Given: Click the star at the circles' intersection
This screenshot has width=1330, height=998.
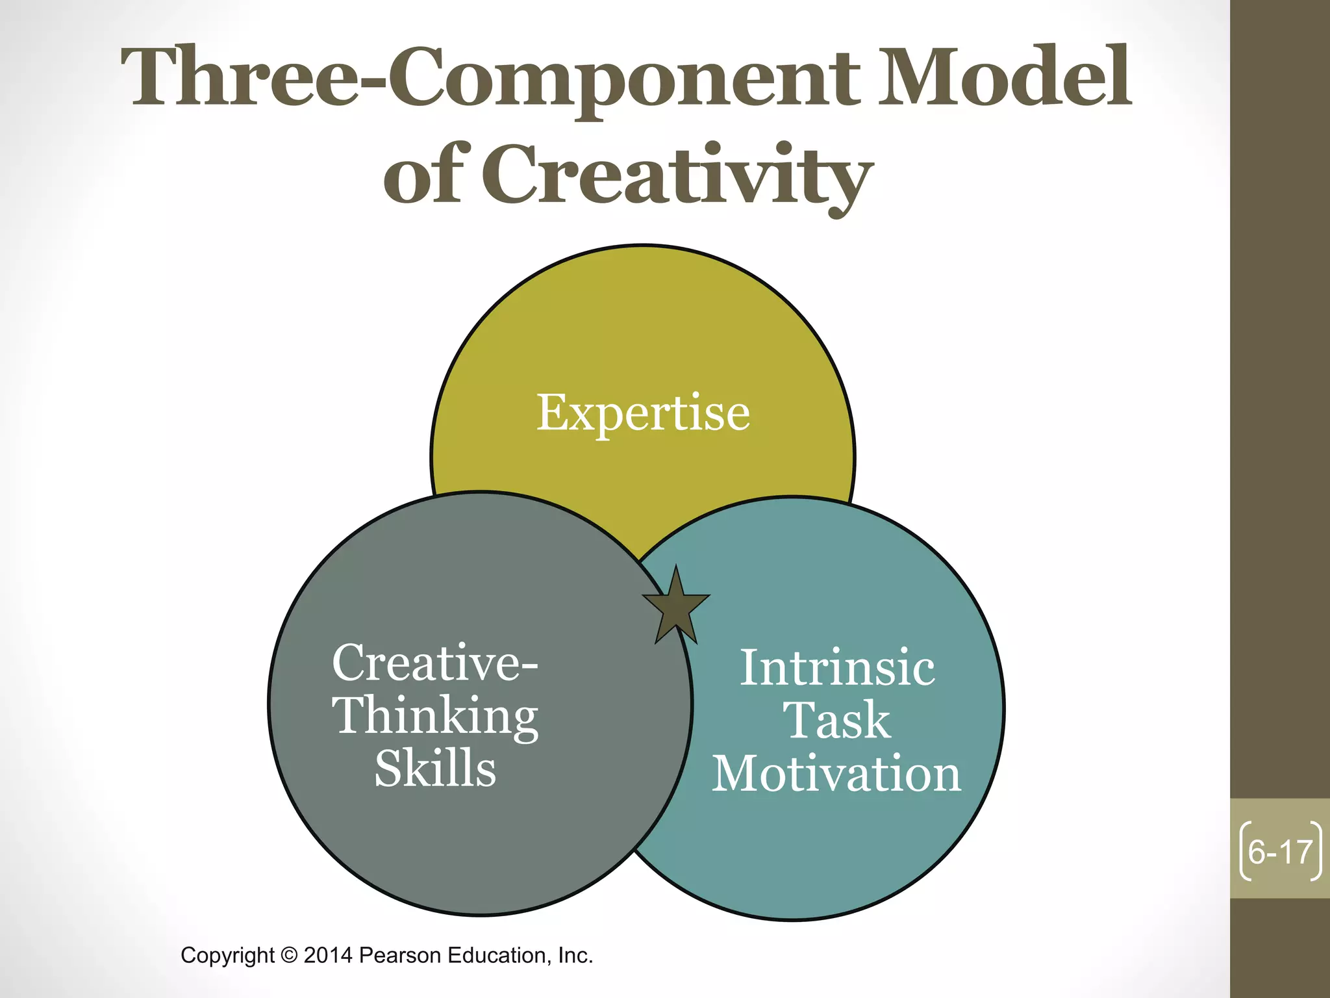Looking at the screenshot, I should [676, 607].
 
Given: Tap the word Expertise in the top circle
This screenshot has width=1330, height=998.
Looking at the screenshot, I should [643, 413].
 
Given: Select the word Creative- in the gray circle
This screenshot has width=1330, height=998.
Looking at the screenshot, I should [434, 663].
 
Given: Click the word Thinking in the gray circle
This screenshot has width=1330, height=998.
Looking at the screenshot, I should [435, 717].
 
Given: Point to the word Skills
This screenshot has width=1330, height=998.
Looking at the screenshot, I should [435, 769].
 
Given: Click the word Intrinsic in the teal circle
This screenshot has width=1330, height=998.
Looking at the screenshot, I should [837, 669].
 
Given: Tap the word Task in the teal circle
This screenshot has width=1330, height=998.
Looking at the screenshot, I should [836, 721].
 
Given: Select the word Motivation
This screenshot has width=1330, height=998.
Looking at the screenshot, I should [836, 774].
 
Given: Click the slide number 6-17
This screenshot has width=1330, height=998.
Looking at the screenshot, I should [1280, 852].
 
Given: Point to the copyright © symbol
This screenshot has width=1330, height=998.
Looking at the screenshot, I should [289, 956].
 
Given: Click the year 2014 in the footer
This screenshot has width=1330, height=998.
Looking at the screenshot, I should [328, 956].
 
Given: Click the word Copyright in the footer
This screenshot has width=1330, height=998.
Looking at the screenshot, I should [227, 956].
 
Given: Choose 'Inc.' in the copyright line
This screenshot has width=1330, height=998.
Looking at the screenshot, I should [575, 956].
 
